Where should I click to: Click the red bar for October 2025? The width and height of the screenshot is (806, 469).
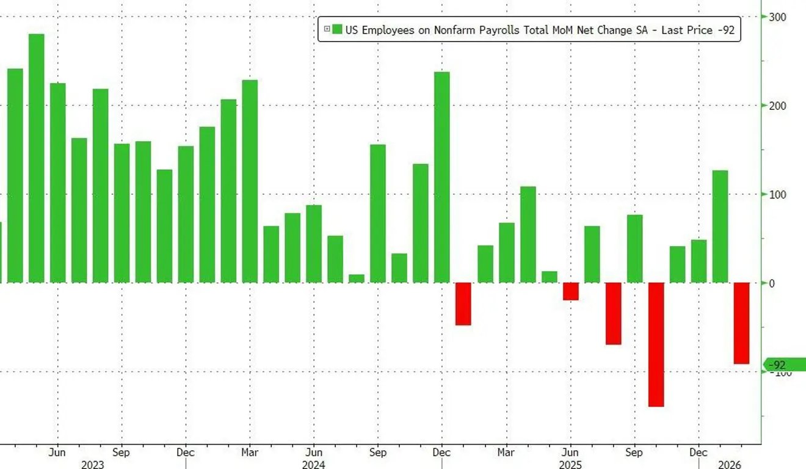point(656,344)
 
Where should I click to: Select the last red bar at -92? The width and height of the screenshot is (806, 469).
point(741,323)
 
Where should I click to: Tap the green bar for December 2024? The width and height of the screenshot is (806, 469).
point(442,177)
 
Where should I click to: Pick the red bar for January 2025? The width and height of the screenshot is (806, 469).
point(463,304)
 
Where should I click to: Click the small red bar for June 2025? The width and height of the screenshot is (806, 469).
point(570,291)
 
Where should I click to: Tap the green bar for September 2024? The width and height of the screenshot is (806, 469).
point(378,214)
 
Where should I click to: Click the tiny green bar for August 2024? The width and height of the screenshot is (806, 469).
point(357,278)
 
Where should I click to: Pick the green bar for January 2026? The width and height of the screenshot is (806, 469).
point(720,227)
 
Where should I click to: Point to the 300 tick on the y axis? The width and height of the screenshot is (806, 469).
point(777,17)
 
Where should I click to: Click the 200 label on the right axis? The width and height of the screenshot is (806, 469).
point(777,106)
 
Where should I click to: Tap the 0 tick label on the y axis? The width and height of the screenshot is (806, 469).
point(772,283)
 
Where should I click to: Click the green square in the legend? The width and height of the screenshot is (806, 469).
point(337,29)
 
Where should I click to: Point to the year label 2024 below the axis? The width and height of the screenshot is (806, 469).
point(313,465)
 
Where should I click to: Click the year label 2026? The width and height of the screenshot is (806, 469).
point(729,465)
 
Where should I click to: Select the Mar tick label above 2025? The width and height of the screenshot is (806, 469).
point(506,453)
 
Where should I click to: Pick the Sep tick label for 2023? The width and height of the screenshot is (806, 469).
point(122,453)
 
